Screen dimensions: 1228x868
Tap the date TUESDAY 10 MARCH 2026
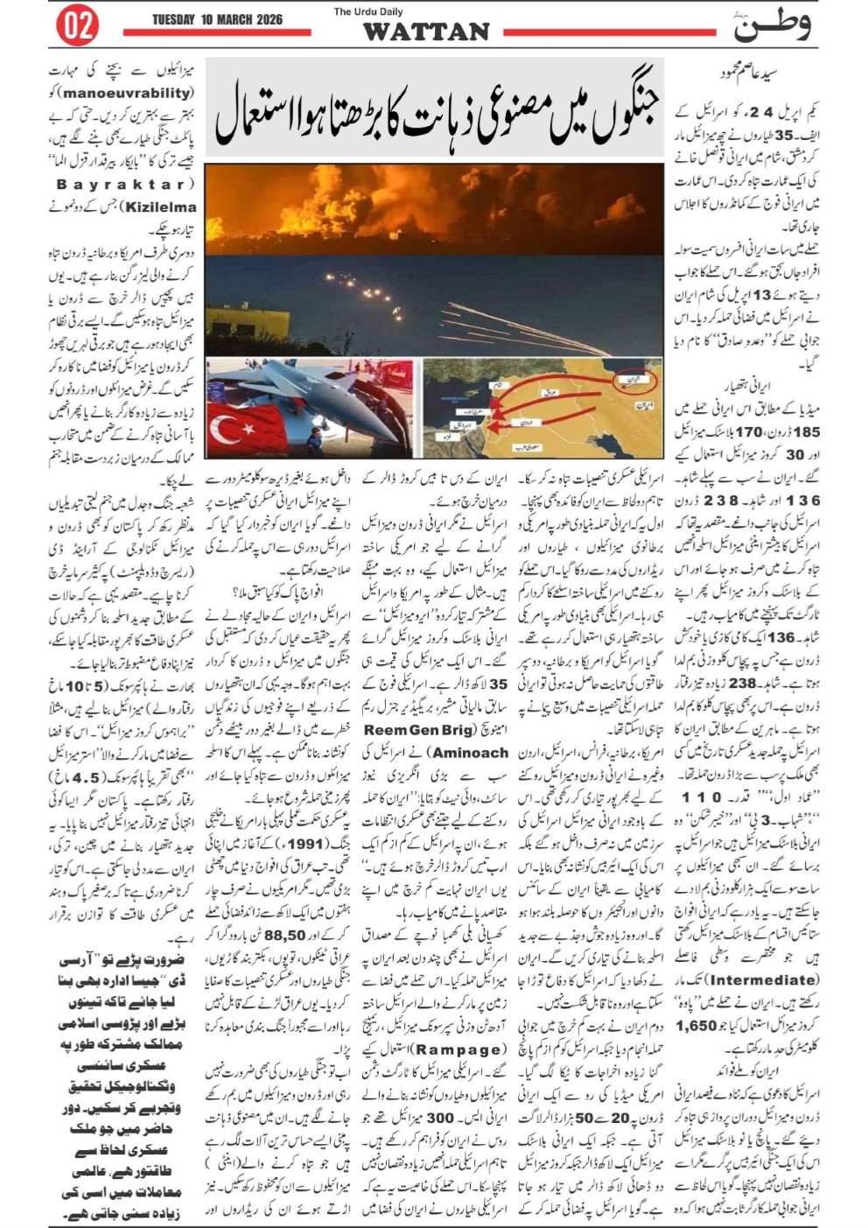click(217, 19)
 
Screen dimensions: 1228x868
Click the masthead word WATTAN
click(426, 32)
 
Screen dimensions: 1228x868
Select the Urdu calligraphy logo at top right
click(771, 25)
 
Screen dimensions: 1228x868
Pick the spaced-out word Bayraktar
click(126, 185)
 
